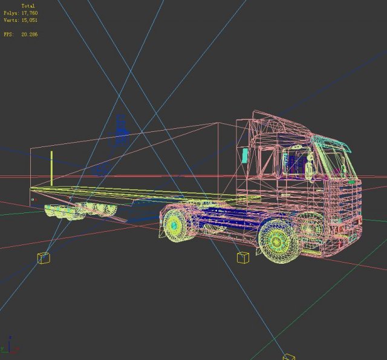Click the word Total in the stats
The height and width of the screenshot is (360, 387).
[x=28, y=6]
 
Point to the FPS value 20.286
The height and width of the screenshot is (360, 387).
[x=28, y=34]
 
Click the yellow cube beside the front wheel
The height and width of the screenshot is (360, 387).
[x=242, y=258]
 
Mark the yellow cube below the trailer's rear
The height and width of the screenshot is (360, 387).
[x=44, y=258]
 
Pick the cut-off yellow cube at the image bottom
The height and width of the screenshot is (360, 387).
[x=288, y=357]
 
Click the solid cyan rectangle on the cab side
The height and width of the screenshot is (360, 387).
[x=244, y=155]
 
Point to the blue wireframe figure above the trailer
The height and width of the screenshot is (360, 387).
[x=121, y=130]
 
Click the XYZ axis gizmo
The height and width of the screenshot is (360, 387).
[x=10, y=347]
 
